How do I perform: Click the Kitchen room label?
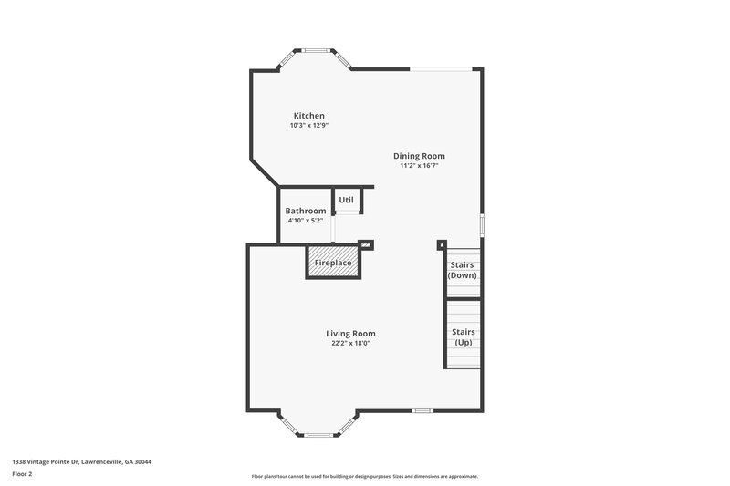308,116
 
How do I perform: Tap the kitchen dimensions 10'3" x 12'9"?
308,126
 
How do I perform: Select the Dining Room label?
419,156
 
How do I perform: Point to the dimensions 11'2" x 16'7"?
419,166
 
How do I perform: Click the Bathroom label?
305,211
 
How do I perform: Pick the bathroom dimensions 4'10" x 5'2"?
305,221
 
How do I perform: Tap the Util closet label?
346,200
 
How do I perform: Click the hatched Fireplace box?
333,263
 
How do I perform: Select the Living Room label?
350,334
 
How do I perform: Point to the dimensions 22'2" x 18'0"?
350,344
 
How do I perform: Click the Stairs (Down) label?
463,270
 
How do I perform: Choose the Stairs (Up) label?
463,336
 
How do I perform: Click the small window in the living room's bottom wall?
422,411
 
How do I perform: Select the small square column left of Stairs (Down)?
442,244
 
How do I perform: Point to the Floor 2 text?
22,474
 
